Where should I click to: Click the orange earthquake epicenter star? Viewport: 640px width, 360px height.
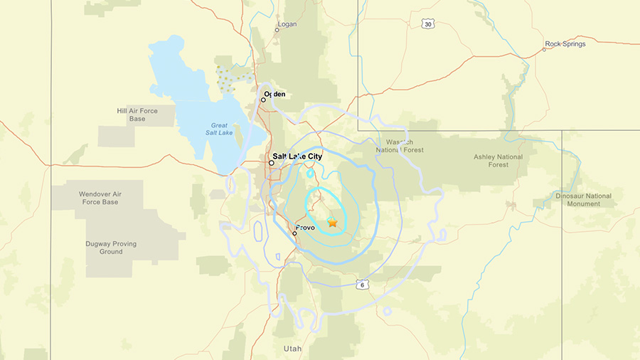point(332,223)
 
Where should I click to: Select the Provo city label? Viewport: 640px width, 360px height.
point(304,228)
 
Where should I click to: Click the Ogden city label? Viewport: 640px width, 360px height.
point(274,94)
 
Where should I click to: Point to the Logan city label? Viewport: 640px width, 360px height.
point(287,23)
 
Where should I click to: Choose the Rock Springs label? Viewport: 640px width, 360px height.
point(565,44)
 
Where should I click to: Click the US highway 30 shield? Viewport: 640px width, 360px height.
point(427,24)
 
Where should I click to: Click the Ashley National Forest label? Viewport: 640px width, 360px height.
point(498,161)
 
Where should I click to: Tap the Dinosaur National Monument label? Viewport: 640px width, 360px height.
point(583,200)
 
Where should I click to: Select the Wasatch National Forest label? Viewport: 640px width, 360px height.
point(400,146)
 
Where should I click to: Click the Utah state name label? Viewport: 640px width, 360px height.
point(293,349)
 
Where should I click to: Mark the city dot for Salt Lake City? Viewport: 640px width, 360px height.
point(272,163)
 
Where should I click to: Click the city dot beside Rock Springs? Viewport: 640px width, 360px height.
point(544,49)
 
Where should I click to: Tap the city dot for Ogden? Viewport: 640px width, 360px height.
point(263,100)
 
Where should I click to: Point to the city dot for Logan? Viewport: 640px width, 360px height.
point(277,30)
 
